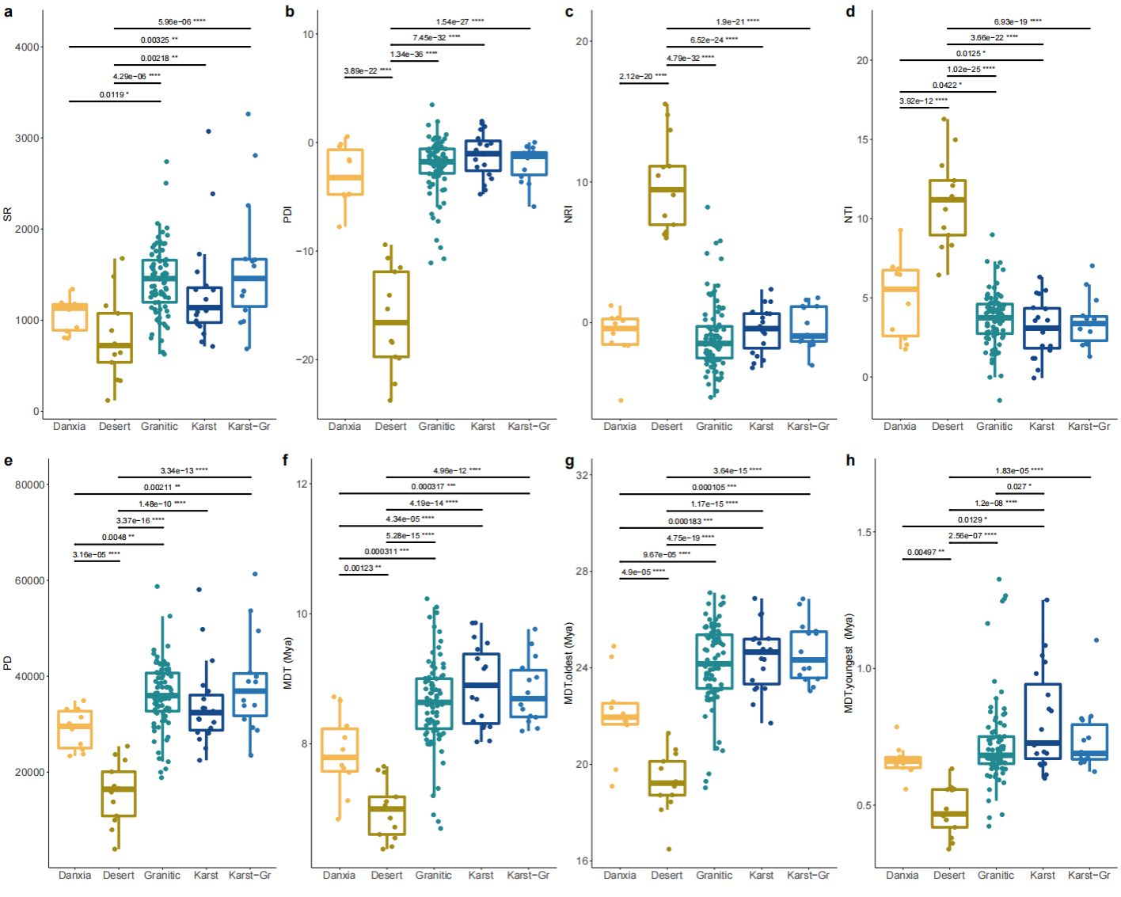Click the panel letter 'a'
(x=8, y=12)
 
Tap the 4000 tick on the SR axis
(x=28, y=47)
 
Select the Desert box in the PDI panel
(x=391, y=314)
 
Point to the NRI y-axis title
(x=568, y=214)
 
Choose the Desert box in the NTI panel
(x=948, y=208)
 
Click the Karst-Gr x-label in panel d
(x=1089, y=426)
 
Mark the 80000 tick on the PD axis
(x=30, y=485)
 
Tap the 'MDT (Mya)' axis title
(x=288, y=663)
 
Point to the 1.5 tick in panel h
(x=864, y=532)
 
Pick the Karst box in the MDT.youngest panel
(x=1043, y=721)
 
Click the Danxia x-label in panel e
(x=74, y=875)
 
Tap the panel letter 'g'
(x=569, y=461)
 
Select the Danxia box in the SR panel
(x=70, y=317)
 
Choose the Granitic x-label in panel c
(x=714, y=426)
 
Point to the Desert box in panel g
(x=667, y=778)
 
